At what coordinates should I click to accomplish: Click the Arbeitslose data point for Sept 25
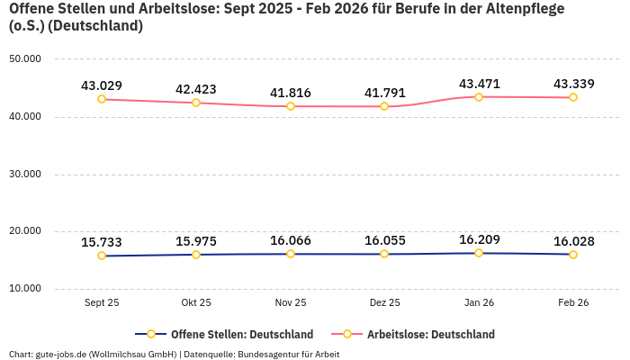[x=102, y=99]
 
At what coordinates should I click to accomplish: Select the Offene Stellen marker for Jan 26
[x=479, y=253]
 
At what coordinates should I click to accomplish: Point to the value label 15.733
[x=102, y=242]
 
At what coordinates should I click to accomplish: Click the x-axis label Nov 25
[x=290, y=303]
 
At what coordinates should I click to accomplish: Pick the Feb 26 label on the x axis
[x=573, y=303]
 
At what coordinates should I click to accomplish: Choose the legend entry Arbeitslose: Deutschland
[x=430, y=334]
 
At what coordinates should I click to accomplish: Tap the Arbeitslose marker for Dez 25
[x=384, y=106]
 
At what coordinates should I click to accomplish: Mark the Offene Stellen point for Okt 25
[x=196, y=255]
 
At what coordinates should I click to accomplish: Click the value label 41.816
[x=290, y=93]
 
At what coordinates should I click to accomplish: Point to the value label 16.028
[x=573, y=241]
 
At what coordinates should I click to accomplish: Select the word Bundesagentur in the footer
[x=269, y=354]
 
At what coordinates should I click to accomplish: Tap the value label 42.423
[x=196, y=89]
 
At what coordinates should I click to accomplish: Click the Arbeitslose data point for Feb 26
[x=573, y=97]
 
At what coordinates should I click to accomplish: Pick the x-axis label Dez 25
[x=384, y=303]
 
